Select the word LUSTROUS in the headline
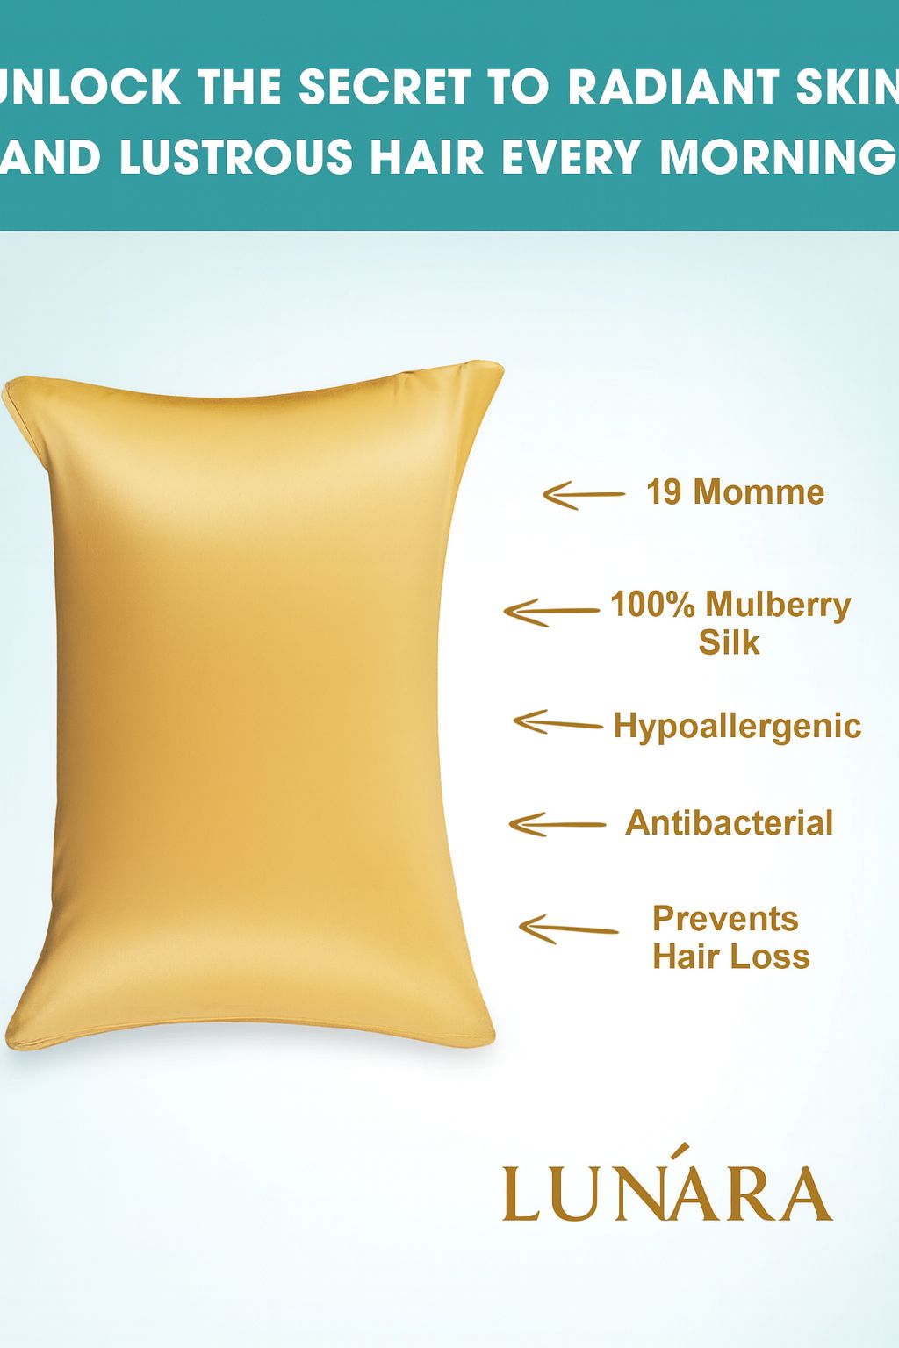[236, 158]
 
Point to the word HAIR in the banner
[427, 158]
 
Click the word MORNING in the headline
[778, 158]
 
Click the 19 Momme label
[735, 492]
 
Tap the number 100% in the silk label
[652, 605]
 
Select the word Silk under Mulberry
[729, 643]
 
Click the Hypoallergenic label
[737, 727]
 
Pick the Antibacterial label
[729, 823]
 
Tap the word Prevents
[725, 919]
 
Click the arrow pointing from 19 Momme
[583, 495]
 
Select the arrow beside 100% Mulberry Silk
[550, 612]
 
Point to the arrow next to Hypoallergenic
[557, 723]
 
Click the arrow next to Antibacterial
[557, 825]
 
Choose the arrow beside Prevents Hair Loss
[568, 929]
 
